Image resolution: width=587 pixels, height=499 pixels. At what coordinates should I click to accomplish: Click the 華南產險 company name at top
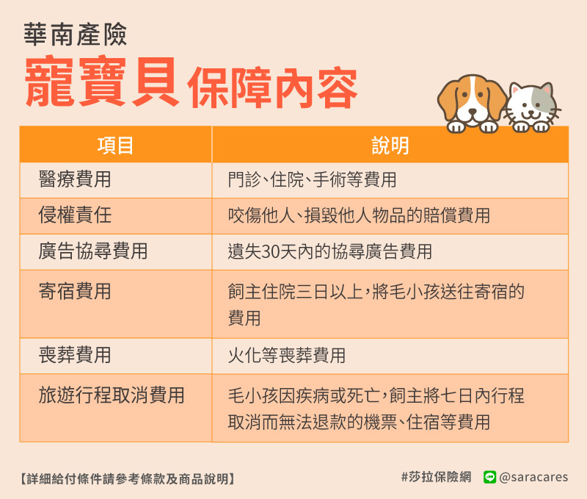pos(76,35)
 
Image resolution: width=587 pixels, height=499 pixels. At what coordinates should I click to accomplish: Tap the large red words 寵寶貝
pos(101,82)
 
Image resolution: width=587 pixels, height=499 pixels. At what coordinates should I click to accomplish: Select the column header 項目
pos(115,146)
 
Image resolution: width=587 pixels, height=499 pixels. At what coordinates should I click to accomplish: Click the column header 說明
pos(390,146)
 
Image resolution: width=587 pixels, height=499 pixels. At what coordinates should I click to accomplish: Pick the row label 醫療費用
pos(75,179)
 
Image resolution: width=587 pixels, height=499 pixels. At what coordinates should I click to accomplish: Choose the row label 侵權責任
pos(75,215)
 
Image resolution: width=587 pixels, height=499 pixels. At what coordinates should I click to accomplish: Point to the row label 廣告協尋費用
pos(93,251)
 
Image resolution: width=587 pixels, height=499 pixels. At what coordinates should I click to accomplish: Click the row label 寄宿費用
pos(75,291)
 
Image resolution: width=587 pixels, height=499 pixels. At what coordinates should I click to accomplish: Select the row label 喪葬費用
pos(75,355)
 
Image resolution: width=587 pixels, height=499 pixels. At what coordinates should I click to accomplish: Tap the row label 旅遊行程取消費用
pos(112,395)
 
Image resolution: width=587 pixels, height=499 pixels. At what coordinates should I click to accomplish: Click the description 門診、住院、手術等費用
pos(313,179)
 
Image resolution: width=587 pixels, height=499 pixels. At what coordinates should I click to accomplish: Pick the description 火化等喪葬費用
pos(287,355)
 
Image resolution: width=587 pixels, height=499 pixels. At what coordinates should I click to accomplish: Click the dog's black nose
pos(473,112)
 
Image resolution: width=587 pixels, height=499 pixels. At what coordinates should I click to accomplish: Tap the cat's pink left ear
pos(516,90)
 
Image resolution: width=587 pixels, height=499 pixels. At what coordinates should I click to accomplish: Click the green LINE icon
pos(489,477)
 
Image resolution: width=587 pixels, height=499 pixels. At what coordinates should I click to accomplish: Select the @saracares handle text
pos(533,477)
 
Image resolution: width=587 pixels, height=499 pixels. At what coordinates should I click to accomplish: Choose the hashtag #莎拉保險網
pos(436,477)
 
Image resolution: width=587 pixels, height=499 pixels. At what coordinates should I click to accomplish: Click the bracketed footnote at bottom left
pos(127,478)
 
